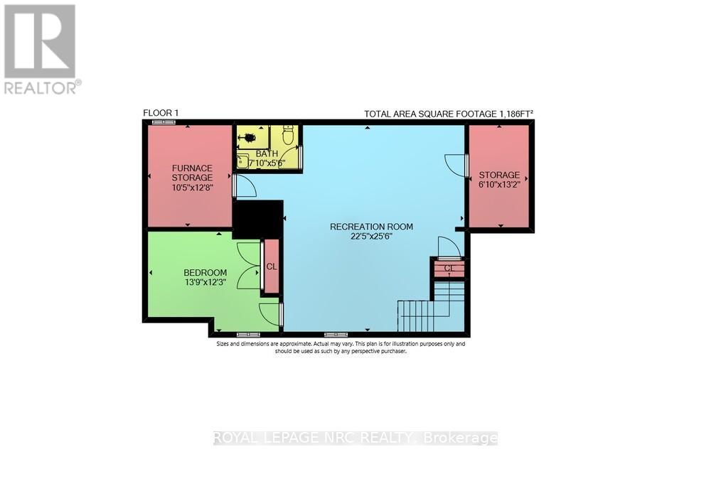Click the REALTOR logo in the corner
[x=41, y=48]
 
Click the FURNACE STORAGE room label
[x=192, y=173]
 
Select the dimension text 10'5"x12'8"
[x=192, y=188]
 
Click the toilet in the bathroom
[x=288, y=134]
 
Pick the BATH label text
[x=267, y=153]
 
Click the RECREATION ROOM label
[x=371, y=227]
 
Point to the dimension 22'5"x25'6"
[x=371, y=237]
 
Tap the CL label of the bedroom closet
[x=271, y=266]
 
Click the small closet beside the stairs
[x=449, y=269]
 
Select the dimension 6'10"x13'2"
[x=498, y=185]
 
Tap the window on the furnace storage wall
[x=164, y=122]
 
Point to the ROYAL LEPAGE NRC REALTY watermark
[x=355, y=438]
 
